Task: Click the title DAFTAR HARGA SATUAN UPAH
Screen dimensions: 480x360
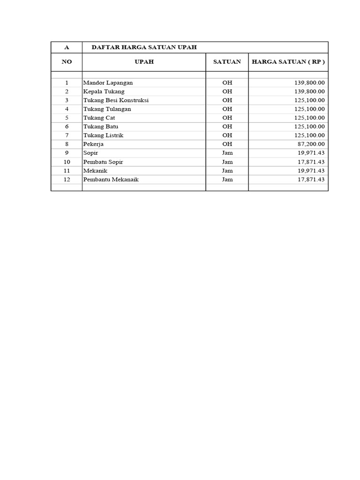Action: coord(144,47)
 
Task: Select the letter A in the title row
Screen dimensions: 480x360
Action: coord(67,47)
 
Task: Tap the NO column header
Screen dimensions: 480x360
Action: coord(67,62)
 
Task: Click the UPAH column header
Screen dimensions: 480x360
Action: coord(144,62)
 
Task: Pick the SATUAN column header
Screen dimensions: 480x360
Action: coord(227,62)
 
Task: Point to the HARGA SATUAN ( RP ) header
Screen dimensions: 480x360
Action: coord(288,62)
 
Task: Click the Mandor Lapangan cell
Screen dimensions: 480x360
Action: coord(108,82)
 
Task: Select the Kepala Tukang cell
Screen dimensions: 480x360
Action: coord(104,91)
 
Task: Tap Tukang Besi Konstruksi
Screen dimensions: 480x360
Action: coord(116,100)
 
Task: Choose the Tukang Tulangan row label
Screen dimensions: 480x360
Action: coord(107,109)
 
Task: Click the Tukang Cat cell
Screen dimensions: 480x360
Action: coord(99,118)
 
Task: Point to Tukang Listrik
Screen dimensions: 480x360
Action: coord(103,135)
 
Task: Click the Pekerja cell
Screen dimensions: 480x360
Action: coord(93,144)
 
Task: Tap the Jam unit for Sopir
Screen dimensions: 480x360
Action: coord(227,153)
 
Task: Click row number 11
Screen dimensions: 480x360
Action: coord(67,171)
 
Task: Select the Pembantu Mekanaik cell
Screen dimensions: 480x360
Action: coord(111,180)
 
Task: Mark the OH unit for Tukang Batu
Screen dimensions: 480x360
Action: coord(227,127)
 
